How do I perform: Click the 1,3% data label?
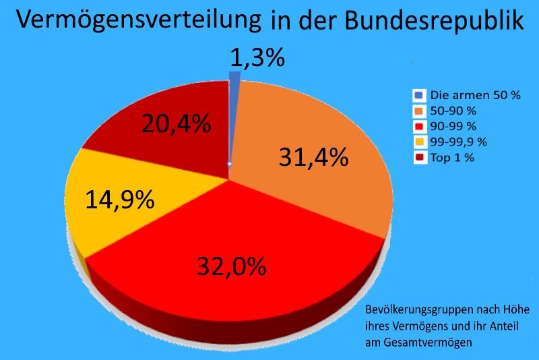tap(257, 58)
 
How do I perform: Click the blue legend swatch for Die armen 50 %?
tap(419, 96)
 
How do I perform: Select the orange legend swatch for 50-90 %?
tap(419, 111)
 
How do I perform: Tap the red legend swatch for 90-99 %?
tap(419, 126)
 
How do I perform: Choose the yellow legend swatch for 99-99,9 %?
tap(419, 142)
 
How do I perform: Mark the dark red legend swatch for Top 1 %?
tap(419, 157)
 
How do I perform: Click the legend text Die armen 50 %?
tap(475, 96)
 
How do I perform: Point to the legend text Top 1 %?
tap(452, 157)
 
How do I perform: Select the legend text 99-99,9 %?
tap(457, 142)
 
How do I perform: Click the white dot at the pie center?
tap(229, 164)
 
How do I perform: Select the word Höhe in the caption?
tap(515, 312)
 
